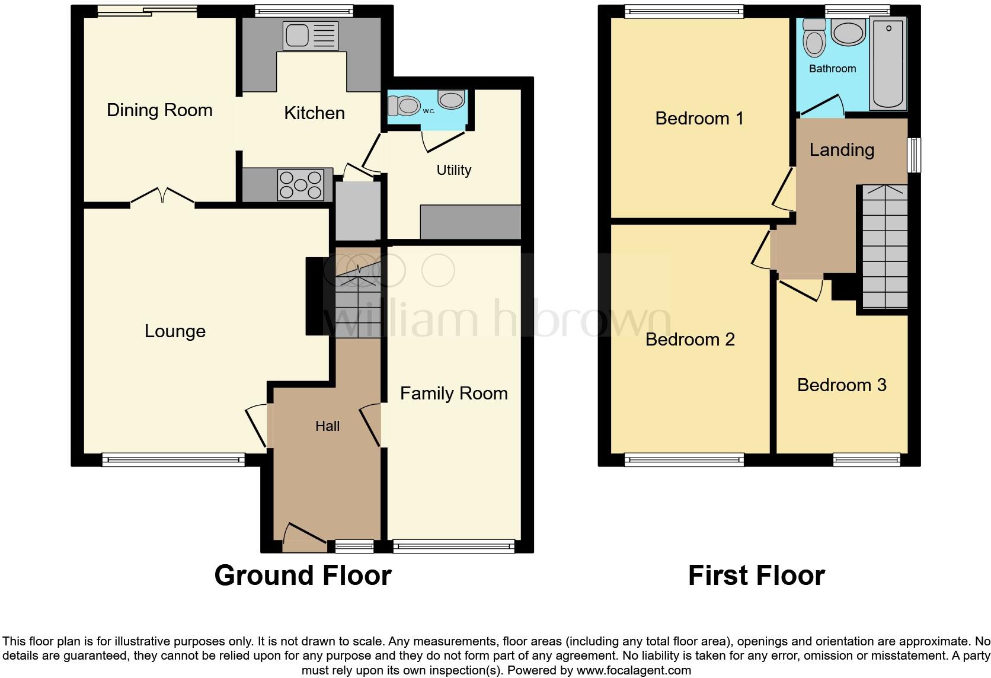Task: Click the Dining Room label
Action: pyautogui.click(x=159, y=110)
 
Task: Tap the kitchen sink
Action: pyautogui.click(x=311, y=36)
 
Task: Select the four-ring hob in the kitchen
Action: pyautogui.click(x=301, y=185)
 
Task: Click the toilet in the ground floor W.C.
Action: pyautogui.click(x=404, y=106)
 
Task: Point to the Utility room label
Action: pyautogui.click(x=453, y=171)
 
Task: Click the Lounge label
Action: pyautogui.click(x=175, y=331)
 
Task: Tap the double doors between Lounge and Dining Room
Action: pyautogui.click(x=162, y=196)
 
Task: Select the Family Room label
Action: pyautogui.click(x=453, y=394)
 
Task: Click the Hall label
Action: pyautogui.click(x=327, y=426)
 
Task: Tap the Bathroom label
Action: pyautogui.click(x=832, y=69)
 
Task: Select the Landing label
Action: pyautogui.click(x=842, y=150)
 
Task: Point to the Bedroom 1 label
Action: pyautogui.click(x=699, y=119)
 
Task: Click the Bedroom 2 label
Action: pyautogui.click(x=690, y=340)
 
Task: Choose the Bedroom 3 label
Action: pyautogui.click(x=842, y=385)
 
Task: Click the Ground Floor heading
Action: pyautogui.click(x=302, y=575)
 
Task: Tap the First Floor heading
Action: pyautogui.click(x=756, y=575)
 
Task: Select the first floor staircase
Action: pyautogui.click(x=884, y=249)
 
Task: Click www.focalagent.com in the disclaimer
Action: pyautogui.click(x=634, y=671)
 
